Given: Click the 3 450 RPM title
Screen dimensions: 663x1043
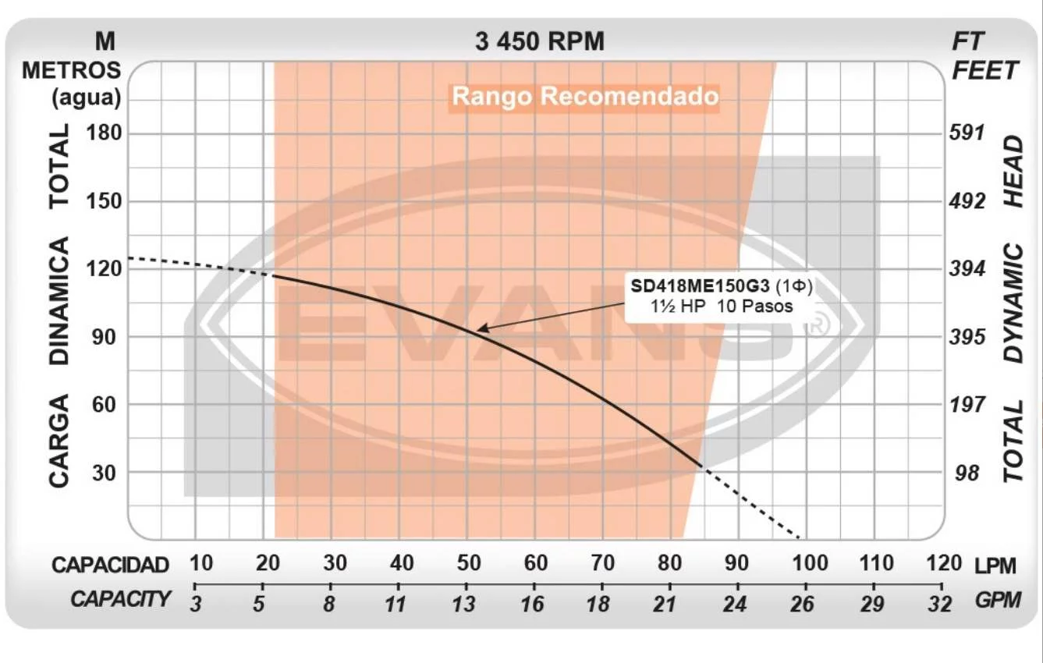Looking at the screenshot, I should point(539,41).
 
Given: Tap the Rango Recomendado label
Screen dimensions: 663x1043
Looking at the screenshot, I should point(585,97).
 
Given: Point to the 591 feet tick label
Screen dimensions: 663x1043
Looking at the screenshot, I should point(967,133).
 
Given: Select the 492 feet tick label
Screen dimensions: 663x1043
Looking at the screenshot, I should point(967,201).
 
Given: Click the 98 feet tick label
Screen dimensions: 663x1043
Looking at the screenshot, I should point(967,473).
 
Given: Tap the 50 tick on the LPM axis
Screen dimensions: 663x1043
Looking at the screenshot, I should point(467,563).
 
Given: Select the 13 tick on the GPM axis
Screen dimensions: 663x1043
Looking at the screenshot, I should point(464,602).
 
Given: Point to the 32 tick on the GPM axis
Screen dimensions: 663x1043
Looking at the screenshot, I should point(942,602).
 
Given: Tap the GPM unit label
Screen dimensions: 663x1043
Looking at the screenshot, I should point(997,600).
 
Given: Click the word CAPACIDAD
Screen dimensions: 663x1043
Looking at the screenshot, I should point(111,565).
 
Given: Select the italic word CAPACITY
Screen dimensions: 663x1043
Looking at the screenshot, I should point(121,599).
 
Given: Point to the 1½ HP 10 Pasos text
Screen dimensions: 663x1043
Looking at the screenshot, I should point(722,307).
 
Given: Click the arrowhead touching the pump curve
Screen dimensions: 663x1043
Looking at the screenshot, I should point(482,330).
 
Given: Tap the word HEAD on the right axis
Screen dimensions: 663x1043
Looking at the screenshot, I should point(1013,171).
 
